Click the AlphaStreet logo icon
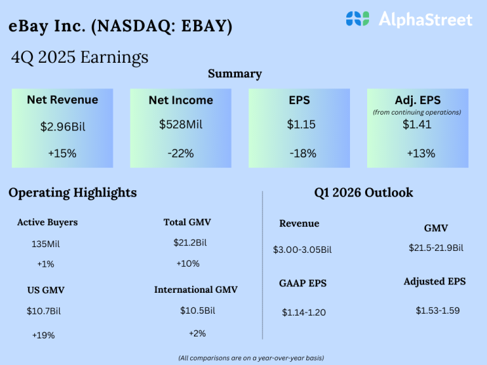[x=357, y=19]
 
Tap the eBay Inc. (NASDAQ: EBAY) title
[x=120, y=27]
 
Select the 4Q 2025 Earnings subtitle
[x=80, y=57]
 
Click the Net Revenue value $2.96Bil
[x=62, y=127]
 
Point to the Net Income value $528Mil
[x=181, y=124]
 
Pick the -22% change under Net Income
[x=181, y=153]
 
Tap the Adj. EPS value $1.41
[x=417, y=125]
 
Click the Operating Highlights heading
[x=72, y=193]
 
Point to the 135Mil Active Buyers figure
[x=46, y=244]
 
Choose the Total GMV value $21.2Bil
[x=190, y=242]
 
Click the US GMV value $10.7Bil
[x=44, y=311]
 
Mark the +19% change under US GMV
[x=43, y=335]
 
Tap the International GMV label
[x=196, y=290]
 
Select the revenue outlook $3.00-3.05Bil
[x=302, y=250]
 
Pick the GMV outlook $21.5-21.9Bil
[x=436, y=248]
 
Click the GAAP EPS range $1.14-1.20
[x=304, y=312]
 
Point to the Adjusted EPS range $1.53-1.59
[x=438, y=311]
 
